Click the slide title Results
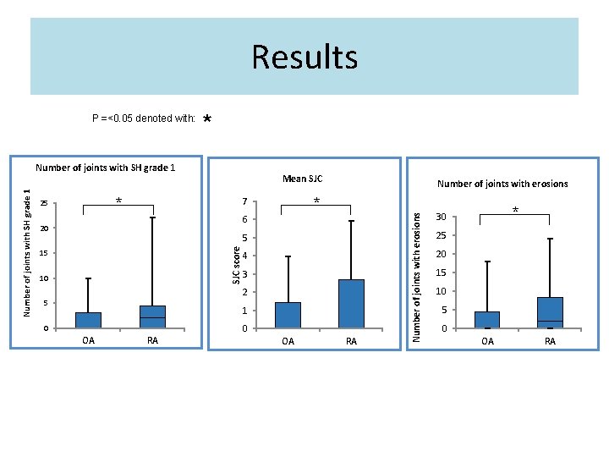coord(304,58)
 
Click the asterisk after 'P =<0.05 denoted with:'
coord(207,119)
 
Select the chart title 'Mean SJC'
coord(302,179)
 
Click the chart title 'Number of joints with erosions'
coord(502,184)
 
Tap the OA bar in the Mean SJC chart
coord(288,315)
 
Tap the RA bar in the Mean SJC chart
coord(351,303)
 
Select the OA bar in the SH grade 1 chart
coord(88,320)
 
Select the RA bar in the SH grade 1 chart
coord(152,317)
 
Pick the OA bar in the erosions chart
coord(486,320)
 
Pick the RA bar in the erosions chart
coord(550,312)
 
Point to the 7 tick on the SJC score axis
coord(244,202)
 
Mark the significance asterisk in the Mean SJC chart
coord(315,201)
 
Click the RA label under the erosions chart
coord(550,341)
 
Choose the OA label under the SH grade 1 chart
coord(88,340)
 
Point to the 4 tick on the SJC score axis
coord(244,256)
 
